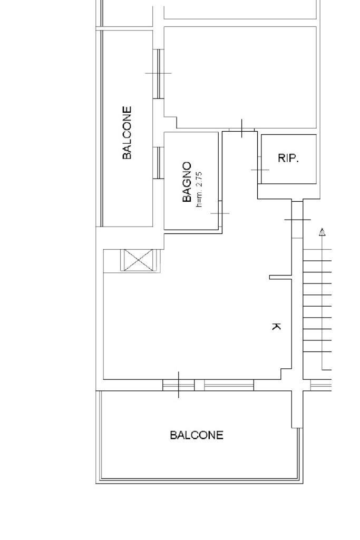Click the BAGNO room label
tap(187, 182)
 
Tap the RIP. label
tap(288, 158)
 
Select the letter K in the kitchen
tap(276, 326)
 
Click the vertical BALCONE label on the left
tap(127, 133)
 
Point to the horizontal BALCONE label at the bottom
tap(197, 435)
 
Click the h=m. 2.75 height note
tap(199, 190)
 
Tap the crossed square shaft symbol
tap(138, 260)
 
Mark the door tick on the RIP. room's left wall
tap(260, 170)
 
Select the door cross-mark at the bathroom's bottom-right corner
tap(220, 213)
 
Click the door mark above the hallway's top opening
tap(242, 129)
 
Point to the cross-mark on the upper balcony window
tap(159, 73)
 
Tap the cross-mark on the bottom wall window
tap(179, 385)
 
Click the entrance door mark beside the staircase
tap(298, 219)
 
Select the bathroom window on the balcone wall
tap(158, 163)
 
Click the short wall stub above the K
tap(280, 277)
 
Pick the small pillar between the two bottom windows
tap(199, 385)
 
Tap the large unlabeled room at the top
tap(240, 76)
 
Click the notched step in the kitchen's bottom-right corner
tap(286, 374)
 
